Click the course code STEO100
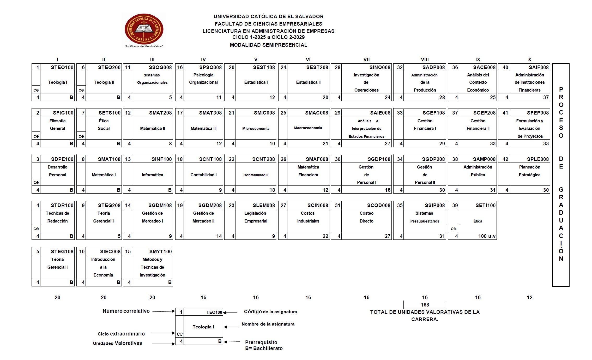pos(62,67)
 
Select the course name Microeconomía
pos(256,129)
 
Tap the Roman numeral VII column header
pos(366,59)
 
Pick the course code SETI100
pos(485,205)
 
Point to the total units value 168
pos(425,305)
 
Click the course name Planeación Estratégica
pos(529,171)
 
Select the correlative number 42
pos(505,159)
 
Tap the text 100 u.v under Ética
pos(487,236)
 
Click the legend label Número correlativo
pos(126,311)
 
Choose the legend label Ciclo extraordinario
pos(121,334)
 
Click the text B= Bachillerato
pos(264,348)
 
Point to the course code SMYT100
pos(160,251)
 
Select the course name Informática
pos(152,175)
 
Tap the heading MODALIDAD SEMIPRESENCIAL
pos(268,45)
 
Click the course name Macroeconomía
pos(308,128)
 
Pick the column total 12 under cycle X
pos(529,297)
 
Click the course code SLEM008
pos(264,205)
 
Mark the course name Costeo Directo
pos(366,217)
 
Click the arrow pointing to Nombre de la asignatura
pos(231,327)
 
